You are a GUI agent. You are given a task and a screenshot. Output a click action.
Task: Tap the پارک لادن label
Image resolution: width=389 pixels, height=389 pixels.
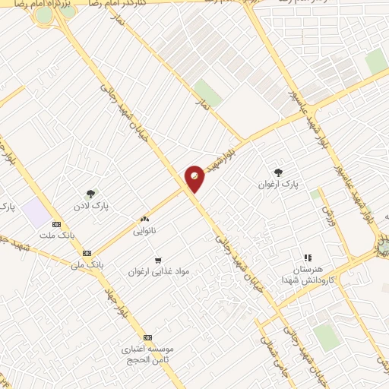point(91,207)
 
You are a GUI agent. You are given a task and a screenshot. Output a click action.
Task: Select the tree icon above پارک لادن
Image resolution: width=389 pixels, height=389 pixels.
point(91,194)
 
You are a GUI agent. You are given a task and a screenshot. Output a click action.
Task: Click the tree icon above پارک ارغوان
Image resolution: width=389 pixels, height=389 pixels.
point(279,172)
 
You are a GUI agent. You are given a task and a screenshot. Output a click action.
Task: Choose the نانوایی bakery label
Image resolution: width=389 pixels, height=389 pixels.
point(144,229)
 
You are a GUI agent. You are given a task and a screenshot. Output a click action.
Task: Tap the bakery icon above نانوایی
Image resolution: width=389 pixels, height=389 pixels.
point(144,218)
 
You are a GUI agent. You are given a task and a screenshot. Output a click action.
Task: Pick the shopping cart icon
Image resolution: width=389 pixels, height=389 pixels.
point(158,259)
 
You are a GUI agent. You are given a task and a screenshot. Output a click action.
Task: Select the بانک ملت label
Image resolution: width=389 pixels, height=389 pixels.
point(56,237)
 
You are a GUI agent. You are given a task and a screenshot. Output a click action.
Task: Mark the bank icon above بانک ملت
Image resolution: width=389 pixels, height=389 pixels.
point(56,225)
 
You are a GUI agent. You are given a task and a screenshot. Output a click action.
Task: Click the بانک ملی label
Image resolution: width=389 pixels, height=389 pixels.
point(86,265)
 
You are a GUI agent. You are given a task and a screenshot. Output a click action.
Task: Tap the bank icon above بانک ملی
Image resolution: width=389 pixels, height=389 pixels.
point(87,253)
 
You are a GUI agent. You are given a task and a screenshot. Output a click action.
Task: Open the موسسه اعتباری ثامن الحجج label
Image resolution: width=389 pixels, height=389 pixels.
point(148,355)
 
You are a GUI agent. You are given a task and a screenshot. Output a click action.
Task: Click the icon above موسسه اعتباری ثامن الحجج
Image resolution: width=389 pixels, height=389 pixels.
point(147,337)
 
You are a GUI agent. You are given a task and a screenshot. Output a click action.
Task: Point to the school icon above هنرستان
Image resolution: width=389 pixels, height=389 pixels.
point(308,258)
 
